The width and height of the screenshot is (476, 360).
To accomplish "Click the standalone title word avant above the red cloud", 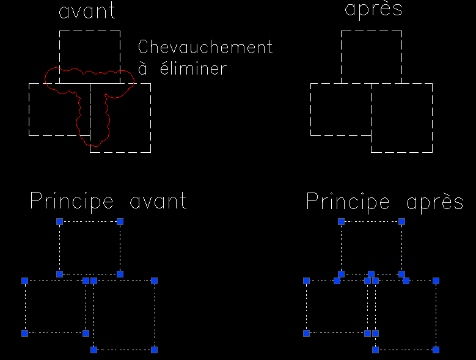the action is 87,11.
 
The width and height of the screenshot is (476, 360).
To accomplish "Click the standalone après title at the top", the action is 373,10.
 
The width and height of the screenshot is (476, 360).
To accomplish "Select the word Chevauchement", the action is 205,47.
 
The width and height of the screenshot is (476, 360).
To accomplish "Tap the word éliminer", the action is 193,67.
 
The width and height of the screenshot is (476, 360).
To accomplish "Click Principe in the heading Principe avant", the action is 71,202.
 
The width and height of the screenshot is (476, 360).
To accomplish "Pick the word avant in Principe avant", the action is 158,201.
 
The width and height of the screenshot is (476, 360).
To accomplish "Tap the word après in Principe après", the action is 434,202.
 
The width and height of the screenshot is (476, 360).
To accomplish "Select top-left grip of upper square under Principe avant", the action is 59,222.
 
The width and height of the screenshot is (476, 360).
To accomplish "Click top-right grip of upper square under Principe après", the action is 401,222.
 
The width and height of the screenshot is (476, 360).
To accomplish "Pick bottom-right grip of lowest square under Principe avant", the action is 154,350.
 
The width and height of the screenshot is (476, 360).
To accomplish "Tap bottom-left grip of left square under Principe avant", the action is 25,333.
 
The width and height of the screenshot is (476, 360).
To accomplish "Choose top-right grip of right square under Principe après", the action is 436,281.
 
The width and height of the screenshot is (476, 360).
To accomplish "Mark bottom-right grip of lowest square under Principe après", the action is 436,350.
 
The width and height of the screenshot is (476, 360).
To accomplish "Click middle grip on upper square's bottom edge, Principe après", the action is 371,274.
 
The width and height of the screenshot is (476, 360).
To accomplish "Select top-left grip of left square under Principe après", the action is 306,281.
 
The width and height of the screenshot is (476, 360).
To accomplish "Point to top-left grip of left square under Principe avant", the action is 25,281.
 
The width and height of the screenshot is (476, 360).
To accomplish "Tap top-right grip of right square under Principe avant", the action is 154,281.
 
